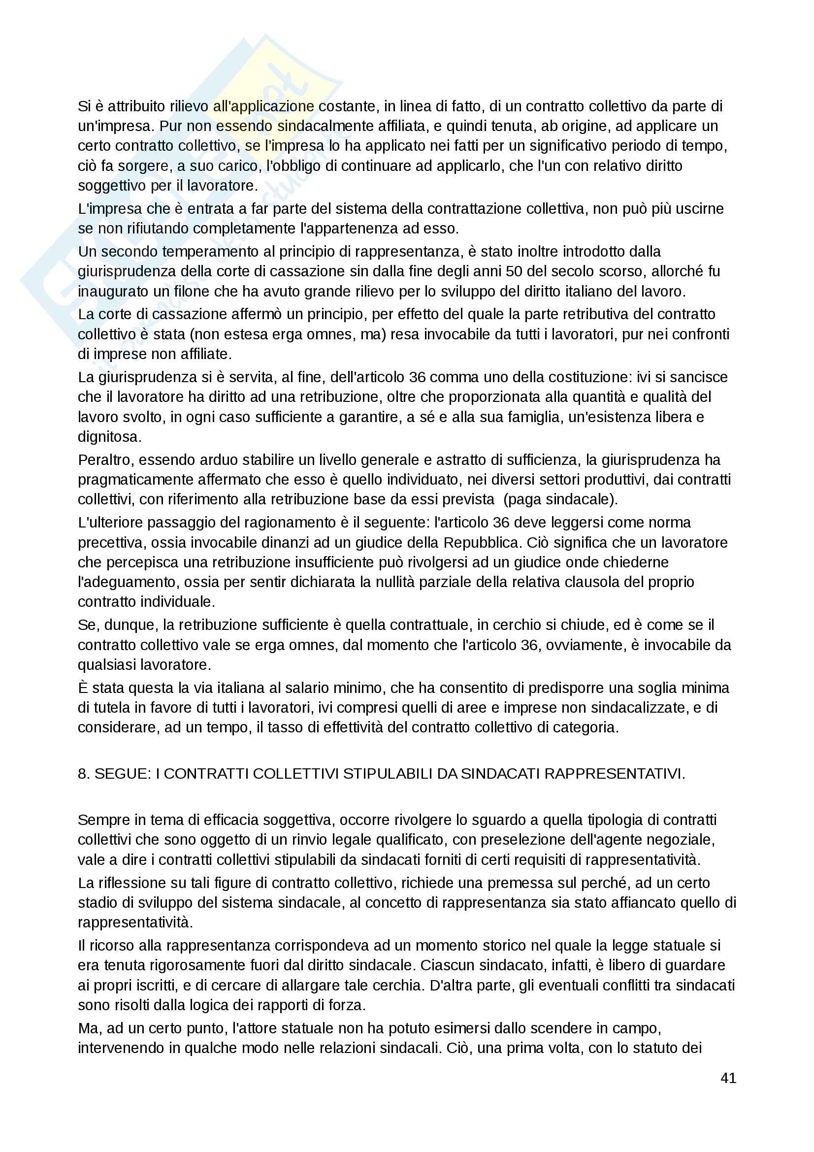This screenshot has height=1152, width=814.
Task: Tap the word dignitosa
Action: click(x=109, y=437)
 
